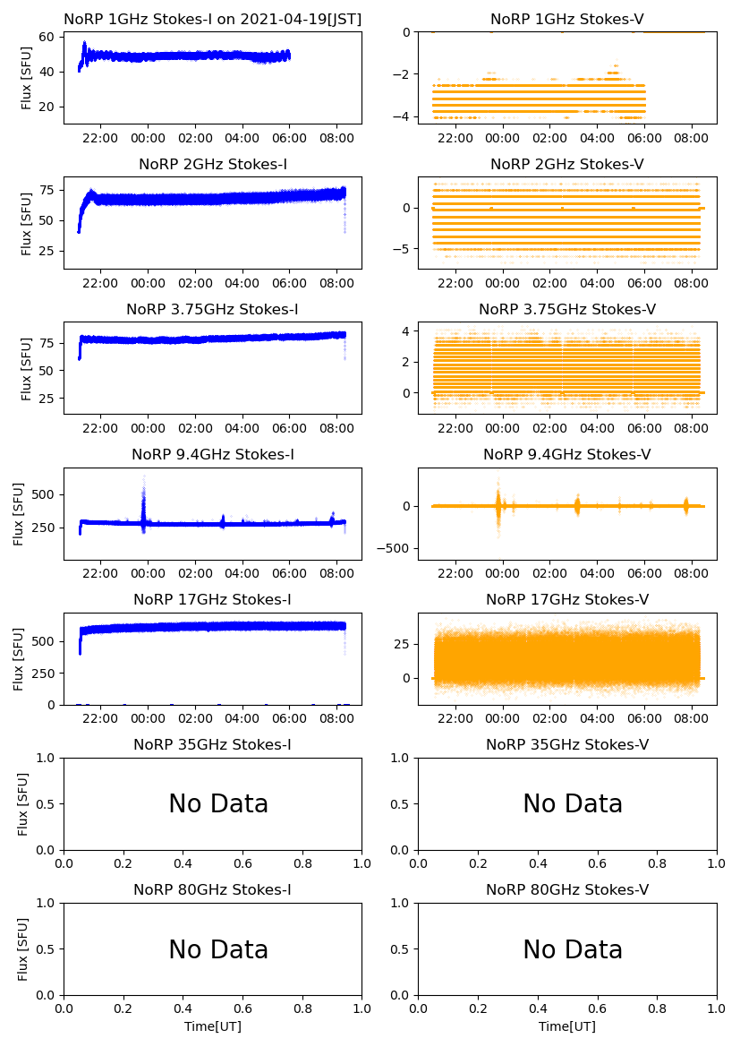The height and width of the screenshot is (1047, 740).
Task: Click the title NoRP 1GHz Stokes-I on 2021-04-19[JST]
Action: point(212,19)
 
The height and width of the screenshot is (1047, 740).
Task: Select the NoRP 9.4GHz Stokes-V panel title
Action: point(566,454)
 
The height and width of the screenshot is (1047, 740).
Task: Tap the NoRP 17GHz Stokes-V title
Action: point(566,599)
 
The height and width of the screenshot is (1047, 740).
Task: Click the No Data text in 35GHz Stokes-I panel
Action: point(218,804)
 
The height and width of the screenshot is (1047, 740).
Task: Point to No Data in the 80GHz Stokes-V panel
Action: point(573,949)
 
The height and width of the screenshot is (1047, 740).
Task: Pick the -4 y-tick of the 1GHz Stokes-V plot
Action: point(404,116)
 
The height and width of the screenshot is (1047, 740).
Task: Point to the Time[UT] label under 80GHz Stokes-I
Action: point(213,1026)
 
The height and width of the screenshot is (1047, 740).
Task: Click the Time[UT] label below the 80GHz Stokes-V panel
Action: point(567,1026)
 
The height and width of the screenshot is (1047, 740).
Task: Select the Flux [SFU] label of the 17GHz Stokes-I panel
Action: point(19,659)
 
